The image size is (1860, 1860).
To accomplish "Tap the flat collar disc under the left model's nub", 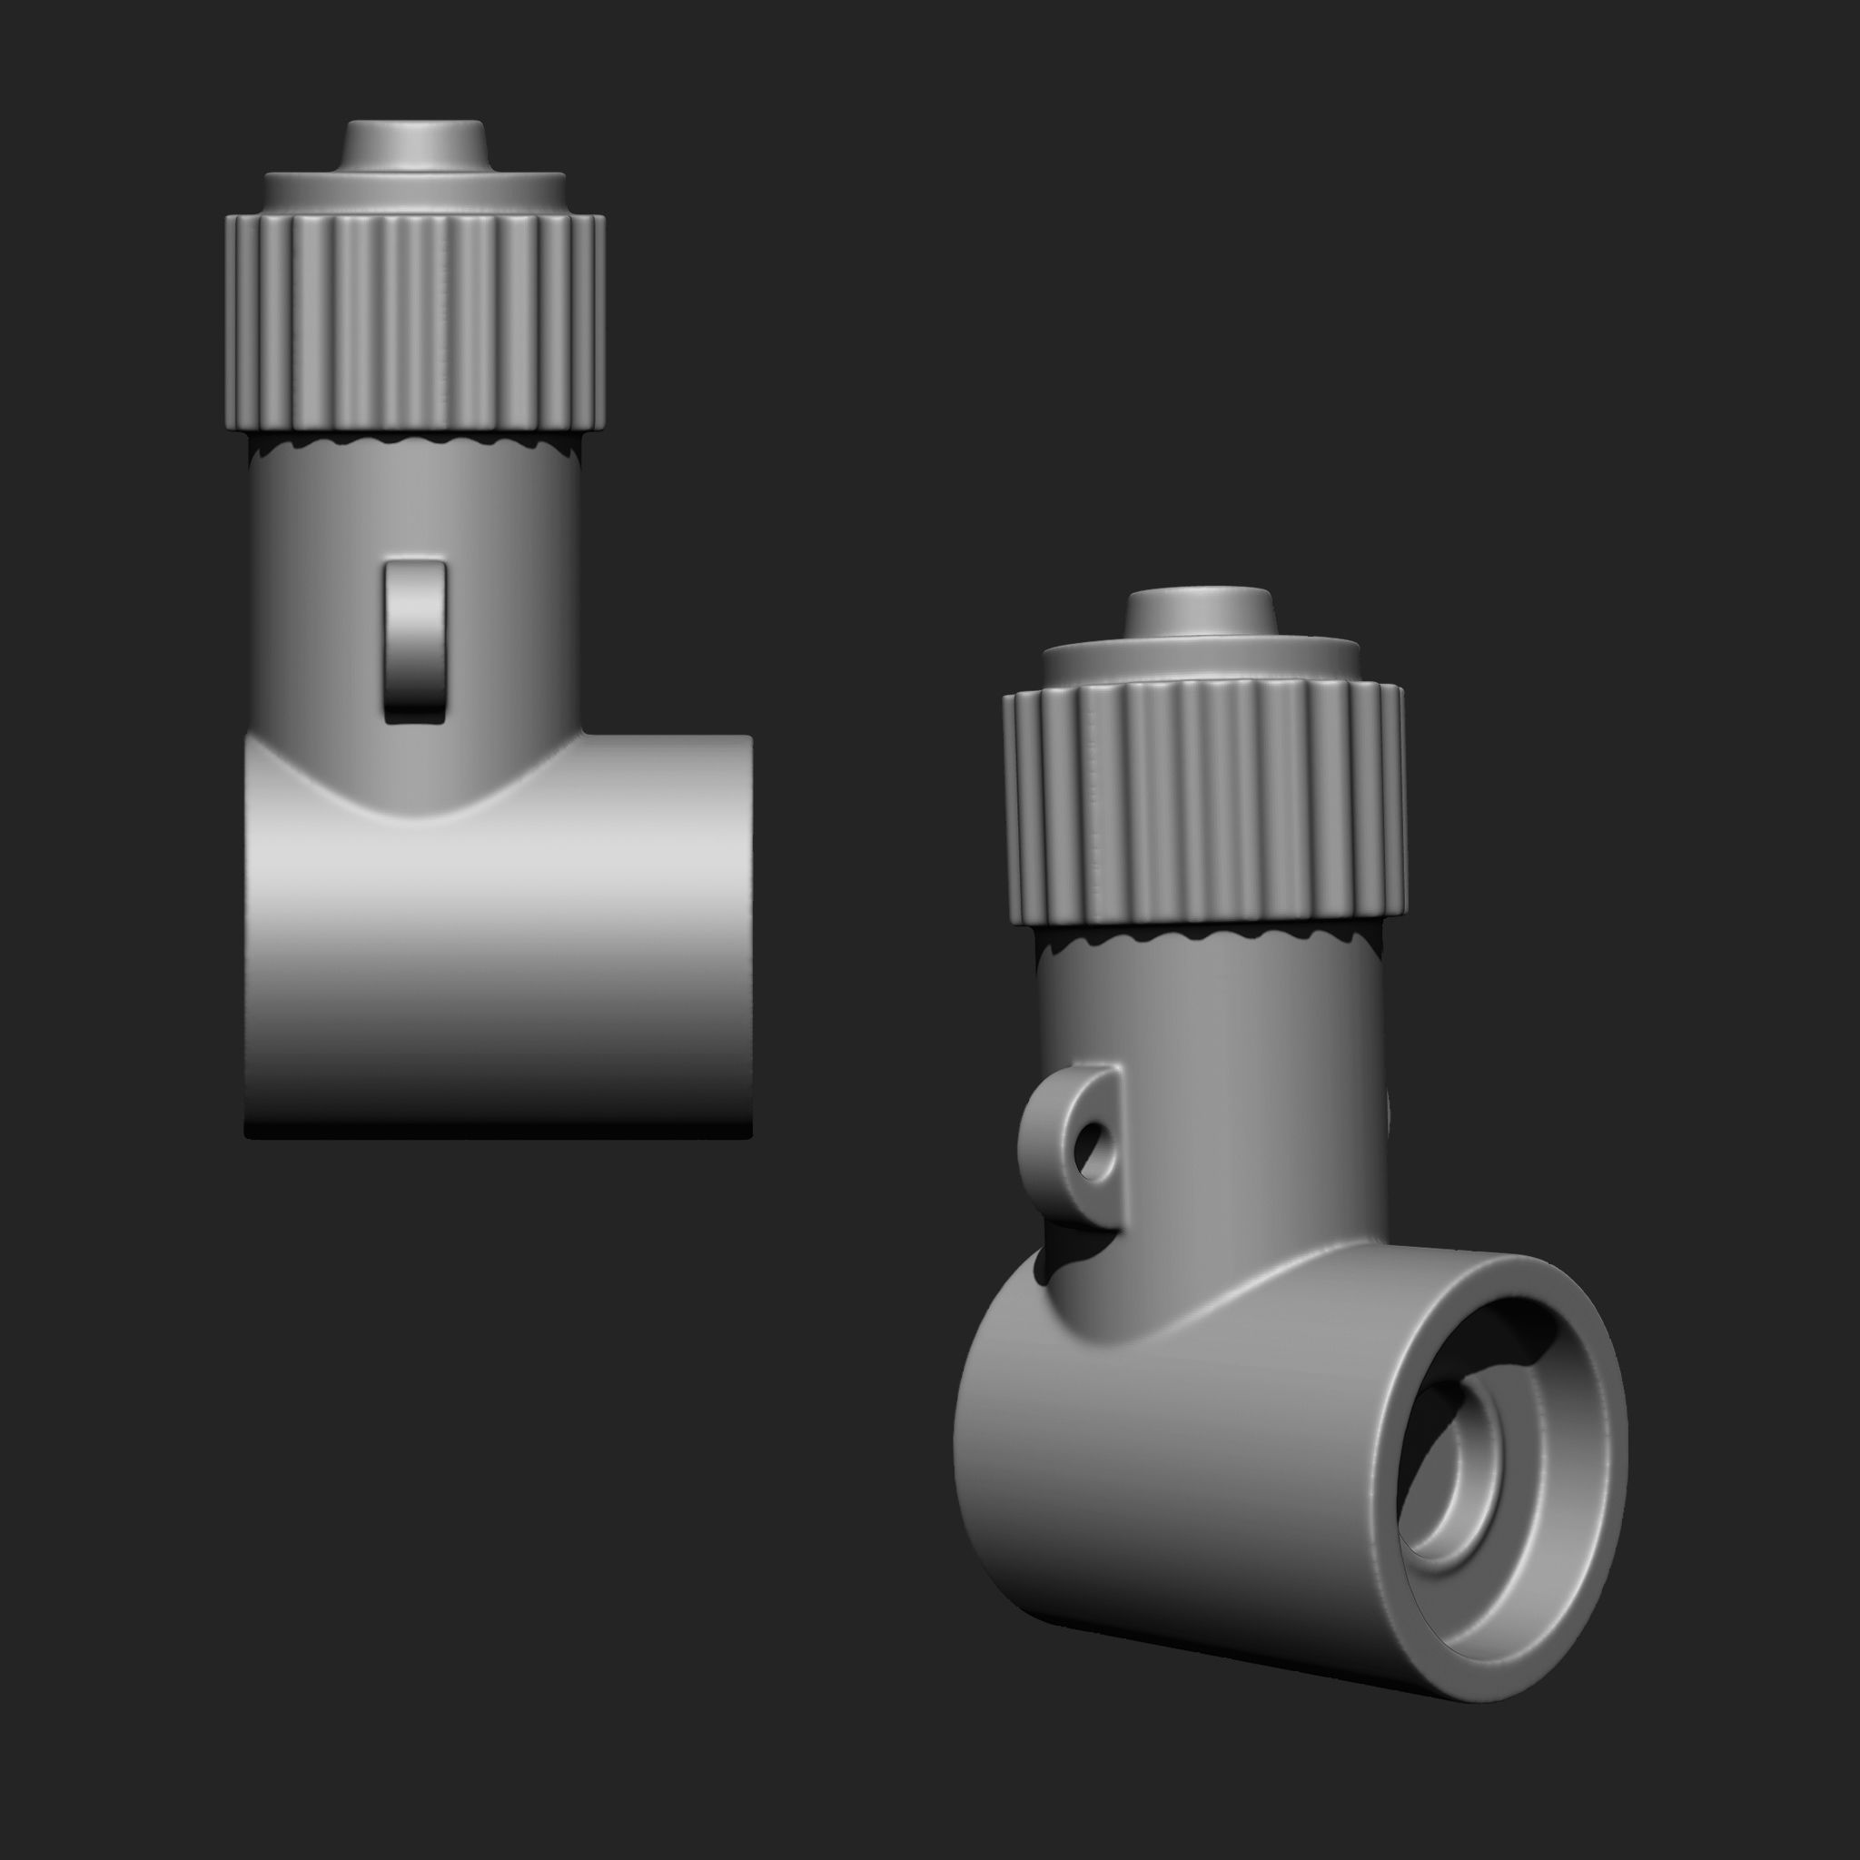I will click(x=415, y=193).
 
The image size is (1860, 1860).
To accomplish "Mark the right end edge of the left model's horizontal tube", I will click(x=747, y=934).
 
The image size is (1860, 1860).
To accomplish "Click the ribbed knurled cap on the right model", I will click(x=1203, y=799).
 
